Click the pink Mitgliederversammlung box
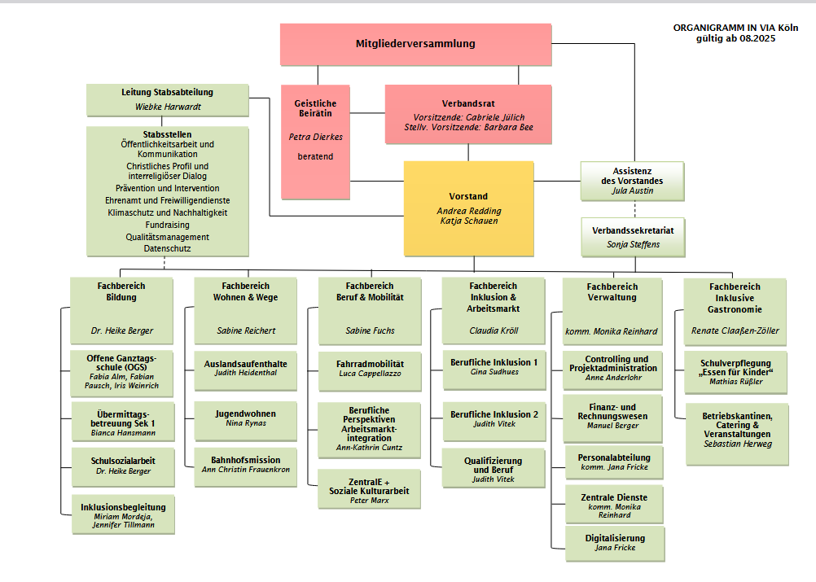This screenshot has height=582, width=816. coord(415,44)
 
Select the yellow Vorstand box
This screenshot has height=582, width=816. coord(468,208)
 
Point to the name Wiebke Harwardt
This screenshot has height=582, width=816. coord(168,107)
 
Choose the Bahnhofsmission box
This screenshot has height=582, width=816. coord(245,465)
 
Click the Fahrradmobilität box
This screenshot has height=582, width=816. coord(370,367)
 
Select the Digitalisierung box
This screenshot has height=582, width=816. coord(615,542)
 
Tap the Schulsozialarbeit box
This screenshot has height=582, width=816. coord(123,466)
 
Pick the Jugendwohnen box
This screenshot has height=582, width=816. coord(245,418)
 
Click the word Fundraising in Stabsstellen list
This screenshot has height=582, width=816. coord(168,225)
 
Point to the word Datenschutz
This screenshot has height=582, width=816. coord(168,248)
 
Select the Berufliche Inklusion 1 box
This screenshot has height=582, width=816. coord(494,366)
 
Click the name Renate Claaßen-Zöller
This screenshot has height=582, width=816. coord(735,331)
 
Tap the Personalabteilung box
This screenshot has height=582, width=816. coord(615,462)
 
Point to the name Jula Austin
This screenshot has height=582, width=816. coord(633,191)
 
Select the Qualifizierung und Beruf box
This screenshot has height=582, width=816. coord(494,470)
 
